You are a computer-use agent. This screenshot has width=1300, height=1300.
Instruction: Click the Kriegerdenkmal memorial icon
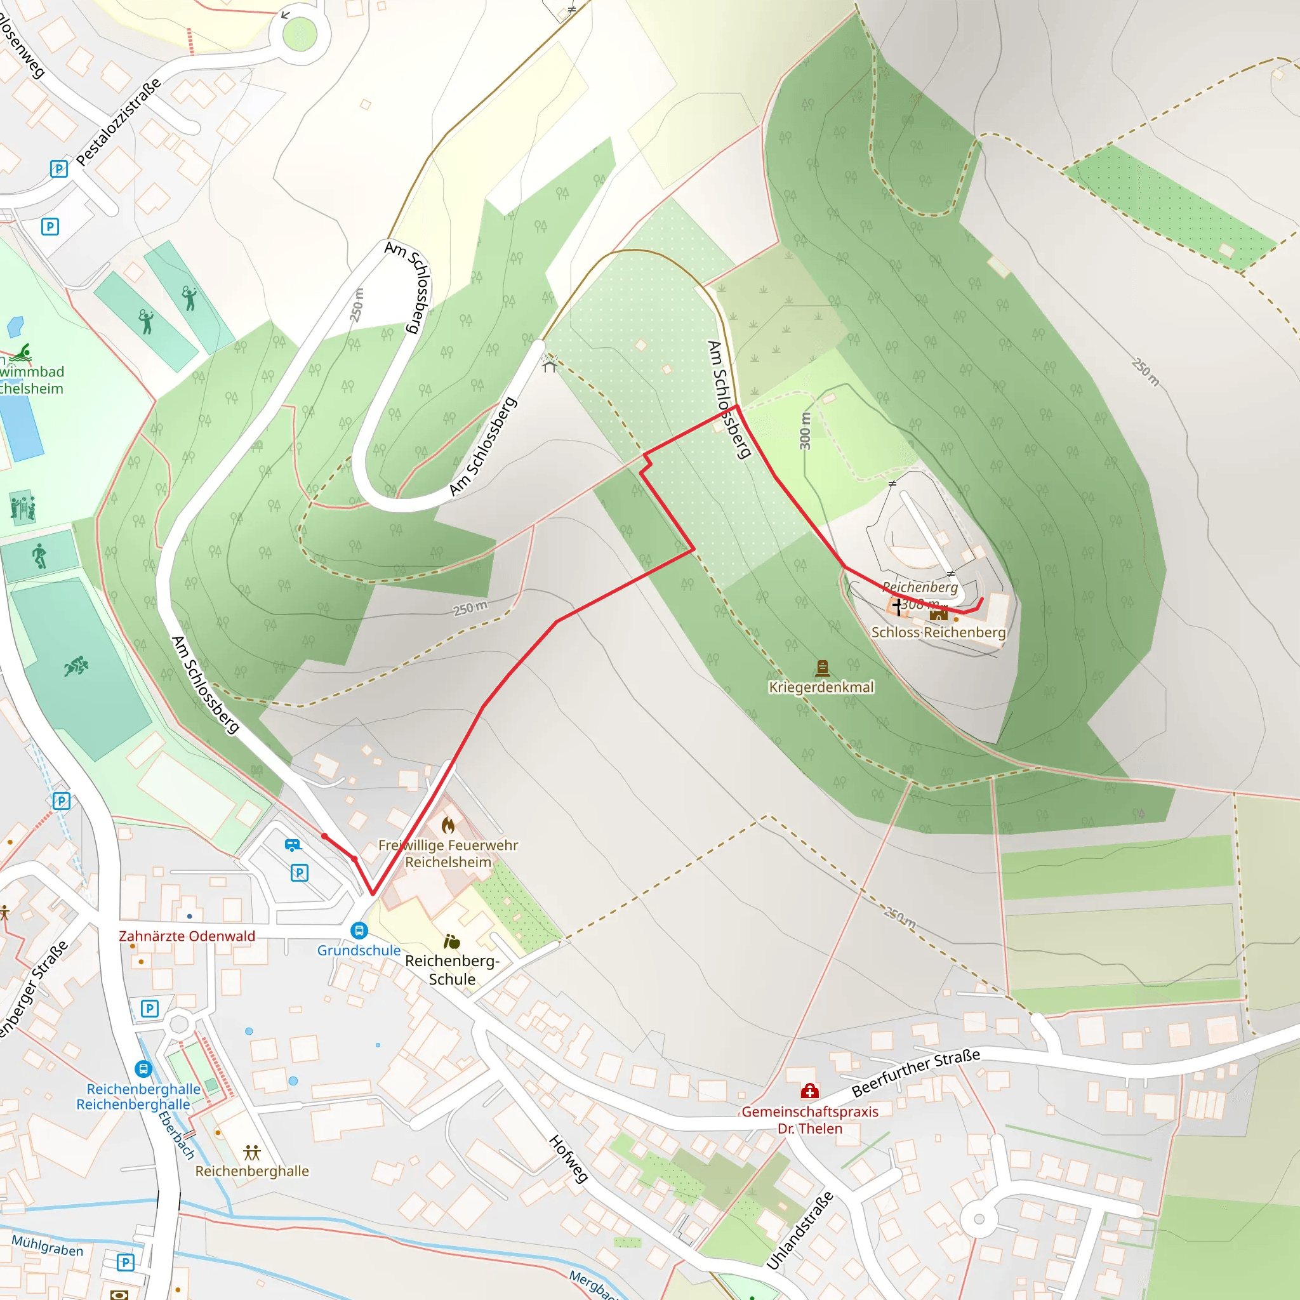[821, 668]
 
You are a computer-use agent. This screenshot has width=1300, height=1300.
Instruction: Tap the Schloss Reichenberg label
[938, 632]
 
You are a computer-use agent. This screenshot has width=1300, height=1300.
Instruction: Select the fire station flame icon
[448, 825]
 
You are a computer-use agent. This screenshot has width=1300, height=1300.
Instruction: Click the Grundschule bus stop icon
[359, 931]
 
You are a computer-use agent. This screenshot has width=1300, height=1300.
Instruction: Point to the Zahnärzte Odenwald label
[187, 936]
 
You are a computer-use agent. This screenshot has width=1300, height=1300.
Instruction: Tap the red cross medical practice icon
[809, 1091]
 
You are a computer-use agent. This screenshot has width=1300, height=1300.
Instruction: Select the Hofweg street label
[569, 1158]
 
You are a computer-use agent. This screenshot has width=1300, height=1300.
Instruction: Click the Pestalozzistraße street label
[119, 122]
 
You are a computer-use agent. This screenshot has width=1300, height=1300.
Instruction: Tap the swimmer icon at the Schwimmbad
[21, 352]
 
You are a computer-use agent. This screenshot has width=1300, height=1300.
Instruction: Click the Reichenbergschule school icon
[452, 941]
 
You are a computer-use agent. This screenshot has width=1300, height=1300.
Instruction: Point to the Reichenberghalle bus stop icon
[143, 1068]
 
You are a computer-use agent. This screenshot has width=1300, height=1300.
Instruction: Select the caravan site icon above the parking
[293, 844]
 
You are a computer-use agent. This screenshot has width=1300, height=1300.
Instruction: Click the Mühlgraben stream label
[47, 1246]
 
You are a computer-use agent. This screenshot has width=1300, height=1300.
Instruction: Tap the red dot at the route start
[324, 837]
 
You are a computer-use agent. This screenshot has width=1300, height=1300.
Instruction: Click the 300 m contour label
[806, 430]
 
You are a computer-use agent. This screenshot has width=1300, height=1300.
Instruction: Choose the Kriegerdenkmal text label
[821, 687]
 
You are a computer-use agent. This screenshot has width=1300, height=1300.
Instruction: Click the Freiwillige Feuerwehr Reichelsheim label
[448, 853]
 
